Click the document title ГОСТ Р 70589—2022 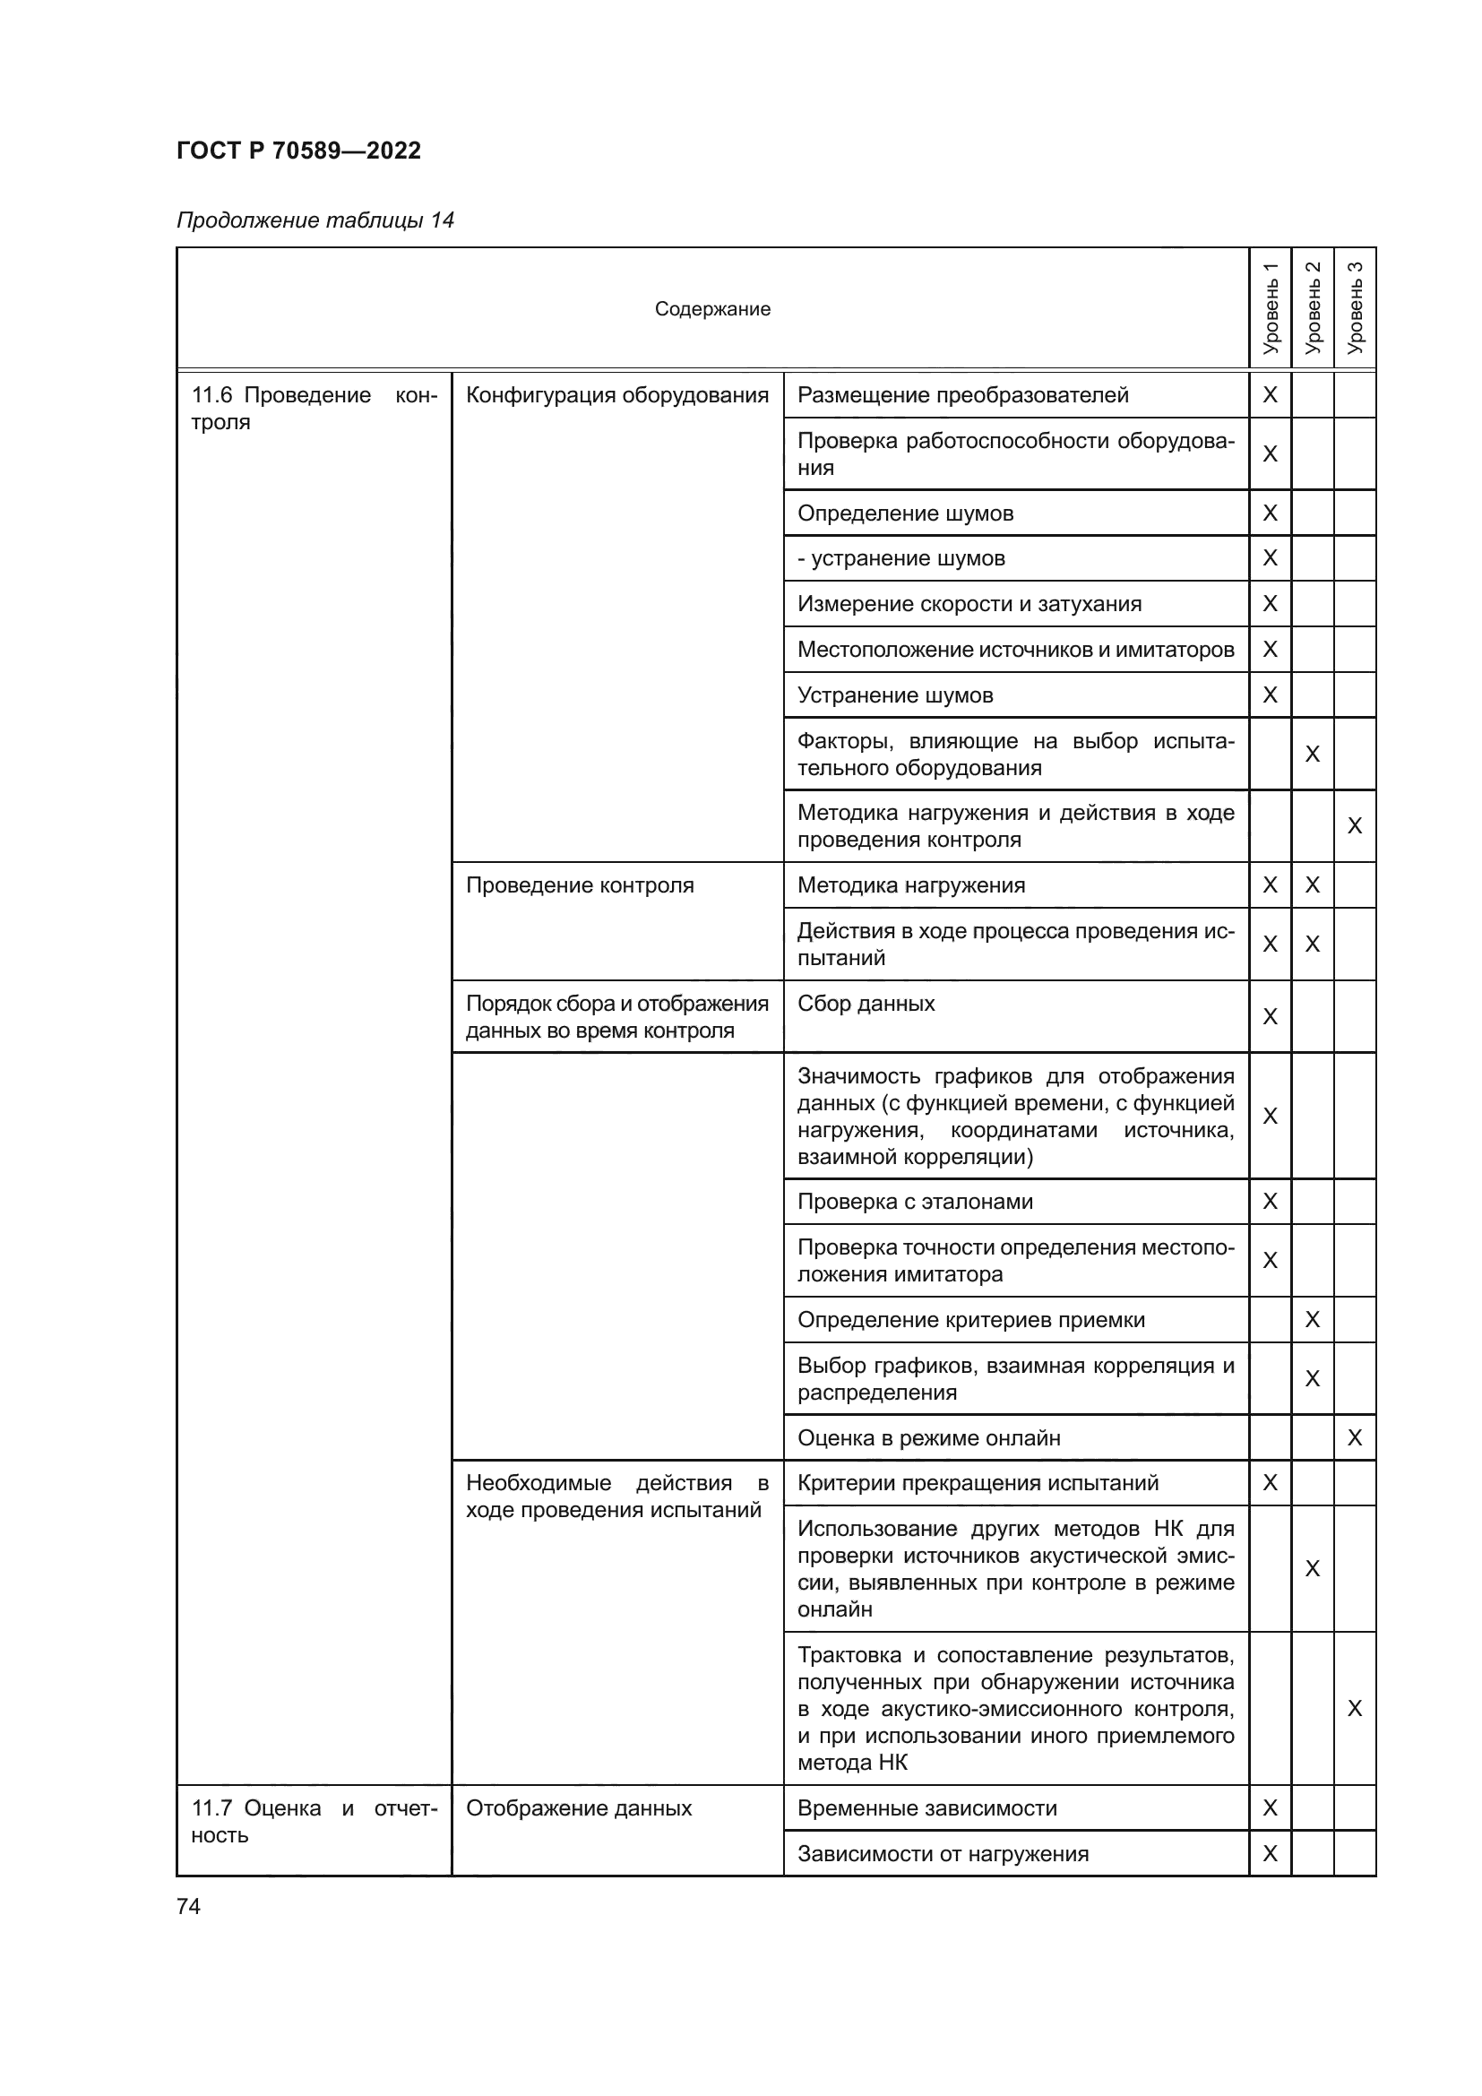pyautogui.click(x=298, y=151)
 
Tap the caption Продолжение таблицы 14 pyautogui.click(x=314, y=220)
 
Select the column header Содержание pyautogui.click(x=711, y=308)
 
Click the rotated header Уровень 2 pyautogui.click(x=1313, y=307)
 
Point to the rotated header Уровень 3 pyautogui.click(x=1354, y=307)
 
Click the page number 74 pyautogui.click(x=188, y=1905)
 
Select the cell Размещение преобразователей pyautogui.click(x=962, y=394)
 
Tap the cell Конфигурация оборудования pyautogui.click(x=616, y=394)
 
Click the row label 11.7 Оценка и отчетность pyautogui.click(x=314, y=1821)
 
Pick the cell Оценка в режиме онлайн pyautogui.click(x=928, y=1437)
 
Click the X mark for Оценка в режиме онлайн pyautogui.click(x=1354, y=1437)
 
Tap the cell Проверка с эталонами pyautogui.click(x=915, y=1202)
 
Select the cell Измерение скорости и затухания pyautogui.click(x=969, y=603)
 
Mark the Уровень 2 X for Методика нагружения pyautogui.click(x=1313, y=884)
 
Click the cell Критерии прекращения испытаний pyautogui.click(x=978, y=1482)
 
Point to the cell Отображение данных pyautogui.click(x=579, y=1807)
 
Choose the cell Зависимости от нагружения pyautogui.click(x=943, y=1853)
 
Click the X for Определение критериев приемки pyautogui.click(x=1313, y=1319)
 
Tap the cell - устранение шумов pyautogui.click(x=900, y=557)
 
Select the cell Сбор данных pyautogui.click(x=866, y=1004)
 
